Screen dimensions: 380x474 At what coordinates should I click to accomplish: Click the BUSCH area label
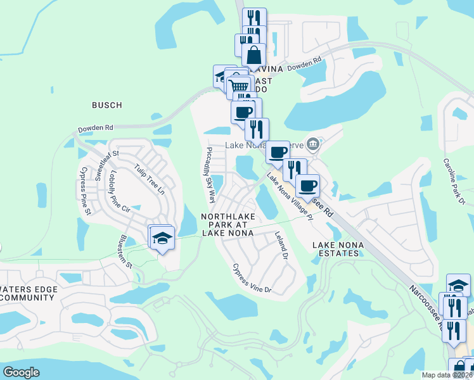coord(106,104)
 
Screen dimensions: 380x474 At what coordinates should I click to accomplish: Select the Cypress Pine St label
coord(83,188)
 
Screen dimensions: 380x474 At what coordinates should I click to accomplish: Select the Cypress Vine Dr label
coord(251,279)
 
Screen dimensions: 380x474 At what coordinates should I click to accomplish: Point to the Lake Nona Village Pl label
coord(290,198)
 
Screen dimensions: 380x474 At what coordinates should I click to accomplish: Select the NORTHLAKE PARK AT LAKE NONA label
coord(227,224)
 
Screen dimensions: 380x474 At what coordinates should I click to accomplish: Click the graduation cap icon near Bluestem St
coord(162,238)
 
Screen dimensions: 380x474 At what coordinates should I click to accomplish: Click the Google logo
coord(21,372)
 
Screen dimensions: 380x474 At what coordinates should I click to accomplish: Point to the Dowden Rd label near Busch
coord(95,129)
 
